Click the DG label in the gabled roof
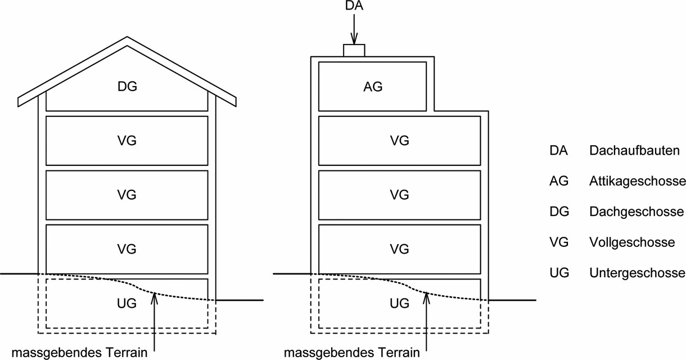point(127,87)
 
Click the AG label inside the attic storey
point(373,87)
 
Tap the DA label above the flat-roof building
point(354,6)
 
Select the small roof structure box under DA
point(354,51)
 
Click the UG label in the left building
point(127,303)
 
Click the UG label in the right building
point(399,303)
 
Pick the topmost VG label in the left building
point(127,141)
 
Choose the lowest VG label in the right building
point(399,249)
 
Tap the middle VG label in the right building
point(399,195)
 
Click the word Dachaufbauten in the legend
point(634,150)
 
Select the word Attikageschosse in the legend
point(637,181)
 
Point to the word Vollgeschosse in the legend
point(632,242)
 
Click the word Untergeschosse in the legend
point(637,273)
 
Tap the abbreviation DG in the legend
point(559,211)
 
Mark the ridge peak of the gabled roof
point(127,37)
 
